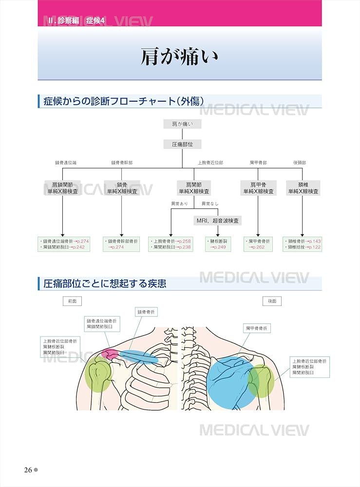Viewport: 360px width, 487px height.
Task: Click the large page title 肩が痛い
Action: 179,57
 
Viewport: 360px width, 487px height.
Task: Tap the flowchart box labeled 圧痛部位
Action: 182,145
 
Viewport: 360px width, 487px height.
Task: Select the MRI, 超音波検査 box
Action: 217,221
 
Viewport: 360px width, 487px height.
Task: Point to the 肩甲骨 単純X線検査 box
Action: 258,188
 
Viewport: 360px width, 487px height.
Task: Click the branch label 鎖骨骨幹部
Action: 121,162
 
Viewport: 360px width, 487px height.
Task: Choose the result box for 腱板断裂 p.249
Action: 218,244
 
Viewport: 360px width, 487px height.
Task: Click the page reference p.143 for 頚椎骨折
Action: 314,241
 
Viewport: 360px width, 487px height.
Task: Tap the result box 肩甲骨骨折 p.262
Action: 258,244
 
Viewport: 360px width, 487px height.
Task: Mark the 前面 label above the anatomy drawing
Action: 72,301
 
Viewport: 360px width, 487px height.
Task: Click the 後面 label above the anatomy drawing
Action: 272,301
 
